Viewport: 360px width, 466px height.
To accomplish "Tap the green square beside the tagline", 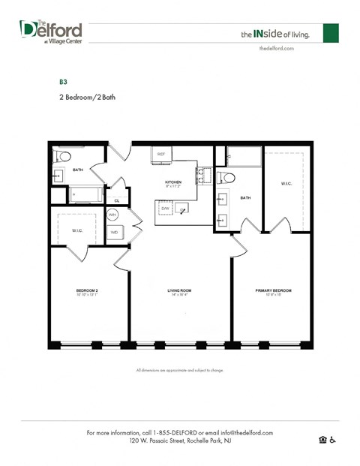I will pyautogui.click(x=331, y=33).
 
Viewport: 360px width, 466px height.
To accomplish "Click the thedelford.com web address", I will pyautogui.click(x=276, y=48).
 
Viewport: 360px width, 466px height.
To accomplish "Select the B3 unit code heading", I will pyautogui.click(x=64, y=80).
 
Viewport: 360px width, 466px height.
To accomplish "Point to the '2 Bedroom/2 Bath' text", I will pyautogui.click(x=87, y=97).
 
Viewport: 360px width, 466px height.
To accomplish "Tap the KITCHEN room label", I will pyautogui.click(x=174, y=182).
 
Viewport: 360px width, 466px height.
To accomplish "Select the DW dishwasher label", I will pyautogui.click(x=165, y=208).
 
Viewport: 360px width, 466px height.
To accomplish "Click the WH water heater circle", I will pyautogui.click(x=112, y=215).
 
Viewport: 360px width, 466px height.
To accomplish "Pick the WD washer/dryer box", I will pyautogui.click(x=114, y=232).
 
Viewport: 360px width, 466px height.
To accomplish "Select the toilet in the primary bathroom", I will pyautogui.click(x=228, y=178).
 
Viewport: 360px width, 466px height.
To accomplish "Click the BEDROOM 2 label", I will pyautogui.click(x=88, y=290).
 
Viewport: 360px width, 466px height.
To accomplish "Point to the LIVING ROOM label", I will pyautogui.click(x=180, y=290).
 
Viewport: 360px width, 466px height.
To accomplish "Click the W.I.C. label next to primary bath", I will pyautogui.click(x=286, y=183).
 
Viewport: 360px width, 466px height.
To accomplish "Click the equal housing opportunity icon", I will pyautogui.click(x=323, y=440).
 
